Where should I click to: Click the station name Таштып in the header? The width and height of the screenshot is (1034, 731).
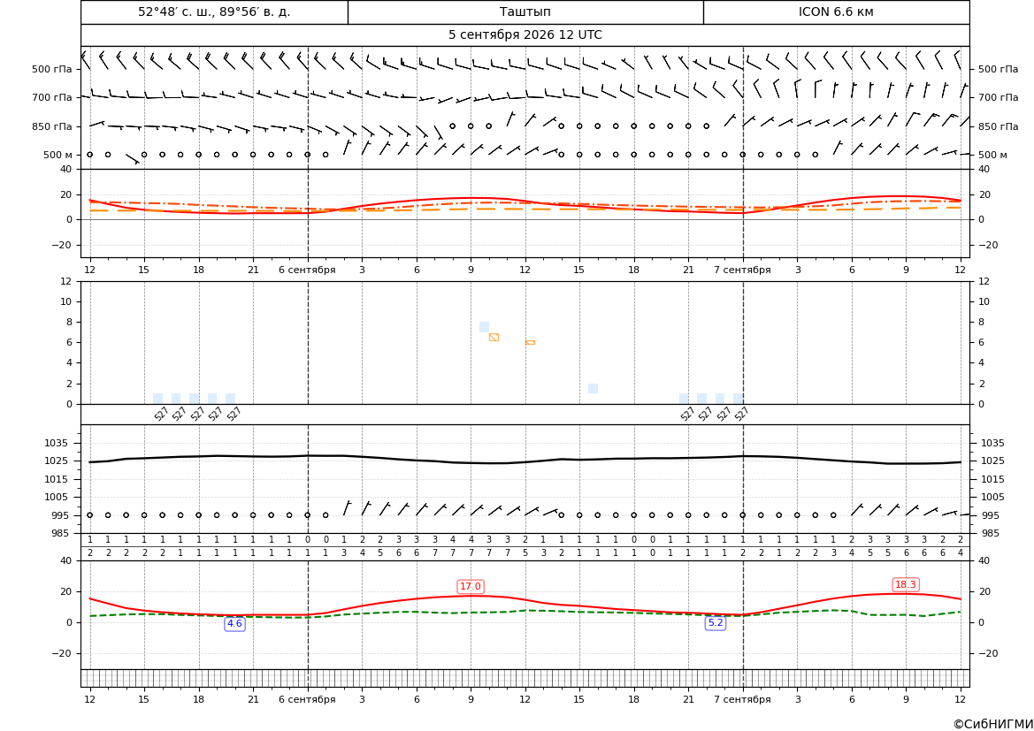(525, 11)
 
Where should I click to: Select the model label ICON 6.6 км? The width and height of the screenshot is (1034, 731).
(836, 11)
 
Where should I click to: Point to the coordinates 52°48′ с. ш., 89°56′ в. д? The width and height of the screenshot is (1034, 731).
(214, 11)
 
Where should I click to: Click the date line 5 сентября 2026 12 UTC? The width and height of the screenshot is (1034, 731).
(525, 35)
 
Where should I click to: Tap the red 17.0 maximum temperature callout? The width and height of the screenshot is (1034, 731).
(471, 586)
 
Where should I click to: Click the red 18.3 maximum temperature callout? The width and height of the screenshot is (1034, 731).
(905, 584)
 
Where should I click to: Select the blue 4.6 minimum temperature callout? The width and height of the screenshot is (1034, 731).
(234, 623)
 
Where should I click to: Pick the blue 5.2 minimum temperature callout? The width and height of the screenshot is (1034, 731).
(715, 622)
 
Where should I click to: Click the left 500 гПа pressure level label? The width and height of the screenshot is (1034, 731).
(52, 69)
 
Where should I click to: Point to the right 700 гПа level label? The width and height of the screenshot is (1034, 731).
(999, 97)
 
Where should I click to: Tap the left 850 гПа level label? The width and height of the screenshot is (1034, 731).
(52, 126)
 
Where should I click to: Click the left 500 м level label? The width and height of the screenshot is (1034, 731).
(57, 155)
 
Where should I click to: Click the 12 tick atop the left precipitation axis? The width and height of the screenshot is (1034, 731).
(66, 281)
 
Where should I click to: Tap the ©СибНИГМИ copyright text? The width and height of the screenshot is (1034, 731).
(993, 724)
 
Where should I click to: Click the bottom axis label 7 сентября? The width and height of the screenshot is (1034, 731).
(742, 699)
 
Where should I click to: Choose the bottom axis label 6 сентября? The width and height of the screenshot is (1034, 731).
(307, 699)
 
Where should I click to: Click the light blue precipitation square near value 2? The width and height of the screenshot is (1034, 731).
(593, 389)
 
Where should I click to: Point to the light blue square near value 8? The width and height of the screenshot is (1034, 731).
(484, 327)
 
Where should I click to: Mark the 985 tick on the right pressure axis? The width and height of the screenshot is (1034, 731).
(992, 533)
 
